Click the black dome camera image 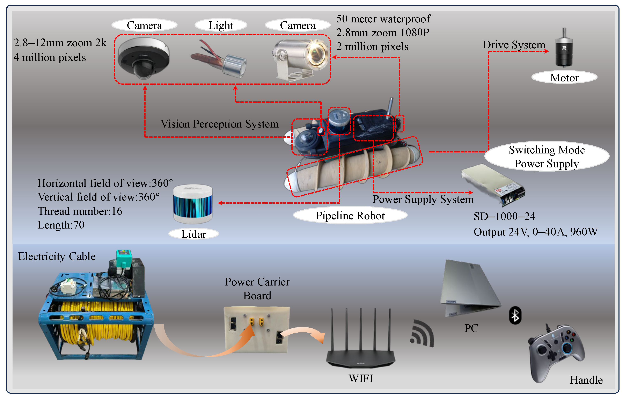click(x=144, y=58)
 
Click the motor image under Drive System click(x=564, y=49)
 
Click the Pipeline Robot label click(x=350, y=216)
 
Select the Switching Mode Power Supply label click(x=547, y=157)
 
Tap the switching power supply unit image click(x=493, y=185)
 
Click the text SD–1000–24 click(x=504, y=216)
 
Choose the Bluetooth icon click(x=515, y=315)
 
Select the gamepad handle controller click(x=556, y=352)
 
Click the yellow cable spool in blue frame click(x=96, y=321)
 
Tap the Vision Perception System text click(x=219, y=124)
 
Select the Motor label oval click(x=564, y=78)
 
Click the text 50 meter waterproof click(x=383, y=19)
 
